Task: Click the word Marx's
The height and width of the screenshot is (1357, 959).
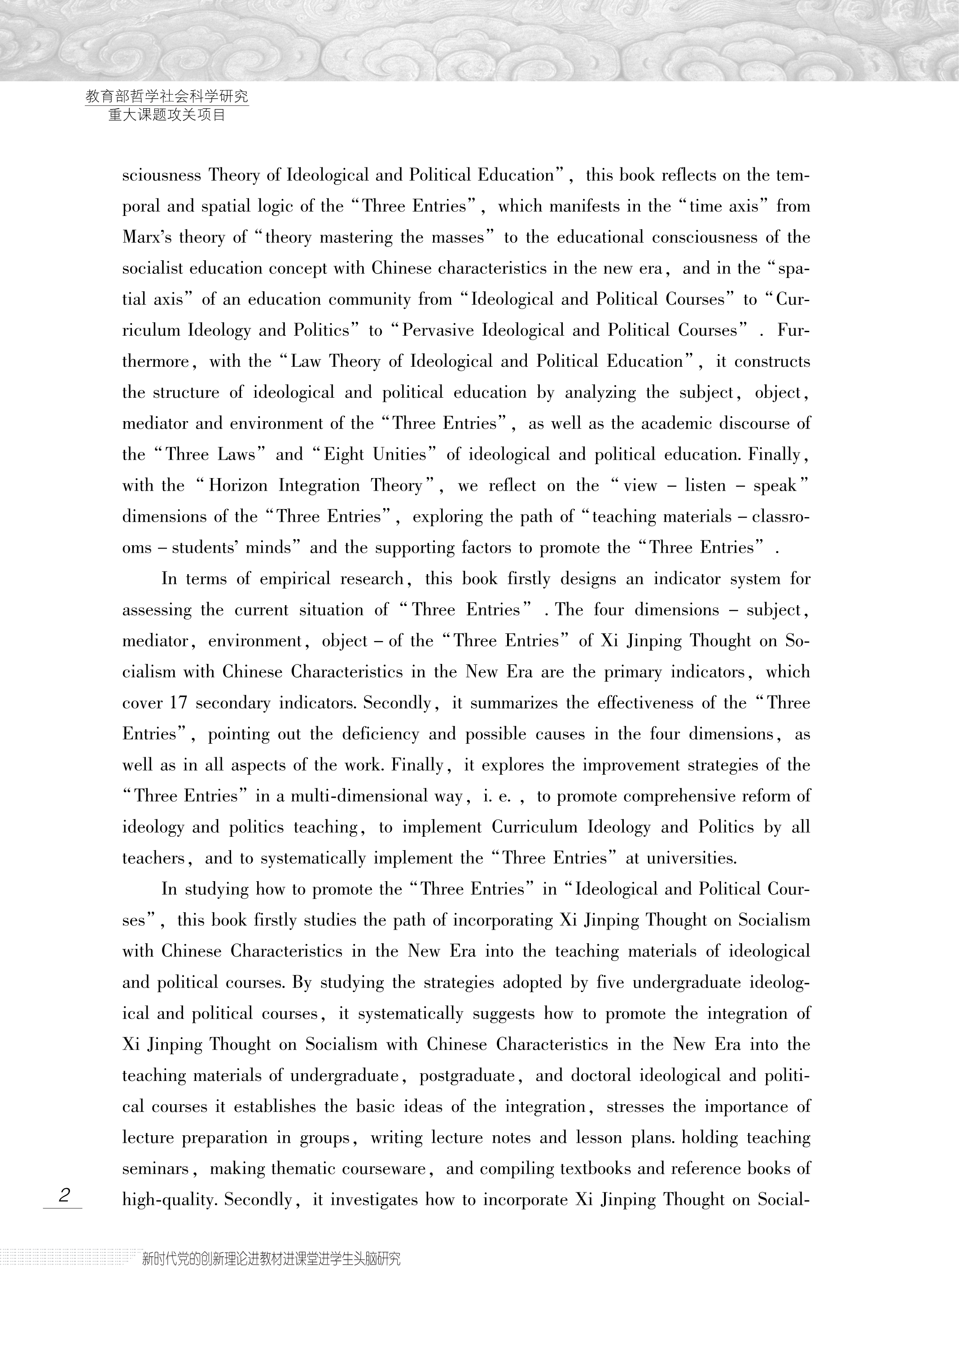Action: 145,237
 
